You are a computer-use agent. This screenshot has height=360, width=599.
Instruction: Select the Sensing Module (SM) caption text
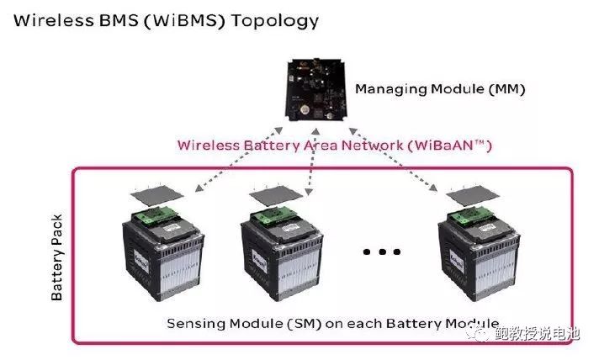332,324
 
